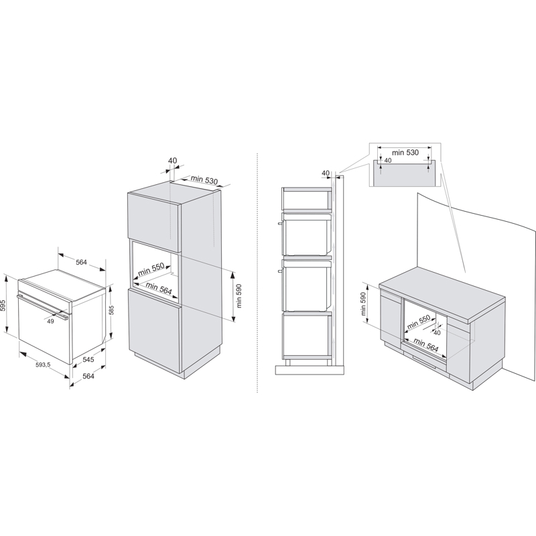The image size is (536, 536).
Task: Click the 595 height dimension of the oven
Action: click(3, 305)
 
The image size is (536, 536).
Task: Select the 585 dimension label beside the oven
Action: click(111, 310)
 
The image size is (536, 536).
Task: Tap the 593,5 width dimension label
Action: click(43, 364)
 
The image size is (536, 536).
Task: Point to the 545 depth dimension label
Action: click(88, 360)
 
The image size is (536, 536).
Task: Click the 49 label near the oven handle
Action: click(51, 322)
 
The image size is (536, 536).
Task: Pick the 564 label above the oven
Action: click(81, 262)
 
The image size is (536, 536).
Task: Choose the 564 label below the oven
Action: click(88, 376)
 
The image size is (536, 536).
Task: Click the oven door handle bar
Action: click(43, 307)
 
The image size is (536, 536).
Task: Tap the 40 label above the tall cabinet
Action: click(173, 160)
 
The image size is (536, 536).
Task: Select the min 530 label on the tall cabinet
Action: click(204, 180)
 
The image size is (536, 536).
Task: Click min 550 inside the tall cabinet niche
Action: click(151, 269)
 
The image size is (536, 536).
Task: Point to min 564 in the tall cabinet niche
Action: click(159, 288)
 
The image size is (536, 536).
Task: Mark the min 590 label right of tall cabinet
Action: click(239, 295)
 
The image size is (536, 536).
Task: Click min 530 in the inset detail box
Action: click(405, 153)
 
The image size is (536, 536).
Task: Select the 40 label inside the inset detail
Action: click(388, 160)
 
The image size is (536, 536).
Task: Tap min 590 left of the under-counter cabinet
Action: click(363, 304)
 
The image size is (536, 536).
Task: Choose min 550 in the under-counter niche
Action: click(418, 322)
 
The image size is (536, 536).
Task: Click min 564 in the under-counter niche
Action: click(426, 344)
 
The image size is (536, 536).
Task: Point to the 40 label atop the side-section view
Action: click(326, 173)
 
